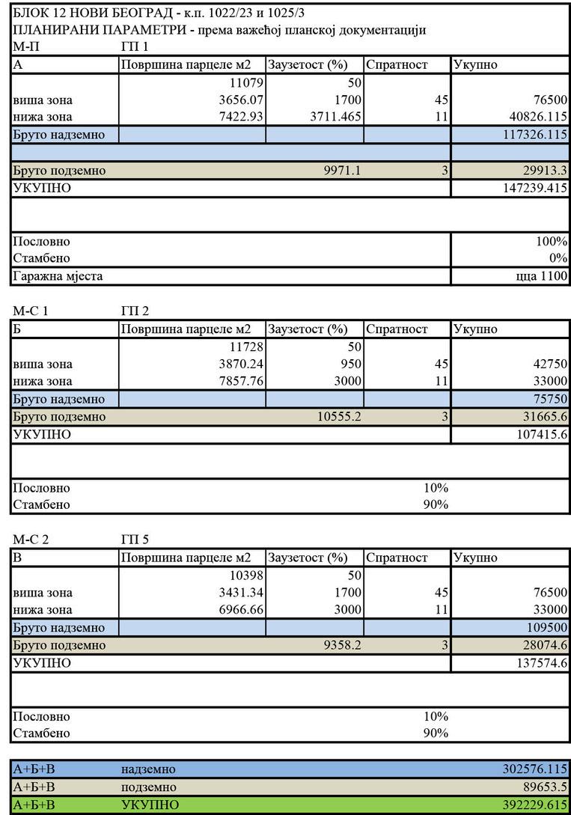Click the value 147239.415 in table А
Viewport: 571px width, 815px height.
click(535, 188)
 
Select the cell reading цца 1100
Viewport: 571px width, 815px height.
click(547, 276)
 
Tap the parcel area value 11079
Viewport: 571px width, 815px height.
click(245, 82)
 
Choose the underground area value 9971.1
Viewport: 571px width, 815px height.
click(342, 171)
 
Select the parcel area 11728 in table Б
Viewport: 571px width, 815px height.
click(245, 347)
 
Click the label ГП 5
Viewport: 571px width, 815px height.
click(135, 540)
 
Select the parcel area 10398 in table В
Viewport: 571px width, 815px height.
click(245, 576)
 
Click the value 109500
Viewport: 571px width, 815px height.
click(546, 628)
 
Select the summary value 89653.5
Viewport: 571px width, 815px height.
click(543, 787)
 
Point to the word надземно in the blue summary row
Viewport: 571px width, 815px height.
click(148, 769)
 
